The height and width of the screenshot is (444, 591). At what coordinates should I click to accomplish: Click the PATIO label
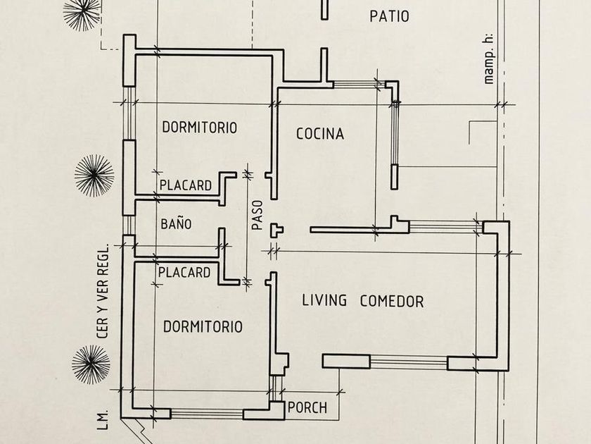pos(389,16)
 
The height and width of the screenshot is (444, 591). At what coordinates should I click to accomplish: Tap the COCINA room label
pos(320,134)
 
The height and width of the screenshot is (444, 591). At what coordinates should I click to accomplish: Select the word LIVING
pos(324,300)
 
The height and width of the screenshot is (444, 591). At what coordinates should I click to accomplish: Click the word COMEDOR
pos(392,302)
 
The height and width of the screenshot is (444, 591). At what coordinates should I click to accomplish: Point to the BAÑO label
pos(176,223)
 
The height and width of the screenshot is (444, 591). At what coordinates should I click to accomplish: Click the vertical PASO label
pos(257,215)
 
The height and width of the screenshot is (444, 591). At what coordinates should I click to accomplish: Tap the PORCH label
pos(307,408)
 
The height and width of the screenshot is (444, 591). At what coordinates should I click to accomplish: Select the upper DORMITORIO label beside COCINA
pos(200,128)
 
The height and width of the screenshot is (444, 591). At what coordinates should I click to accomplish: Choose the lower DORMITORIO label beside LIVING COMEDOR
pos(203,326)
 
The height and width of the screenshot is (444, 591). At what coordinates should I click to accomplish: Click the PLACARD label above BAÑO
pos(186,185)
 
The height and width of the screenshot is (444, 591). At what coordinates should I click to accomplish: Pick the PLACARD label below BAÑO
pos(184,272)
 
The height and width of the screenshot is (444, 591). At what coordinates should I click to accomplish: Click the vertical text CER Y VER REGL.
pos(103,291)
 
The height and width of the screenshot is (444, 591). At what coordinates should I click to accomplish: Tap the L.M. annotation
pos(103,420)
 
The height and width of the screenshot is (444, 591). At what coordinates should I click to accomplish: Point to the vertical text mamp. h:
pos(488,58)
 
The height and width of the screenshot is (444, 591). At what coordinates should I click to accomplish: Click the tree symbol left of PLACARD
pos(94,175)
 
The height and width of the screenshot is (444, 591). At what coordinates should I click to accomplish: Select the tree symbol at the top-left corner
pos(82,13)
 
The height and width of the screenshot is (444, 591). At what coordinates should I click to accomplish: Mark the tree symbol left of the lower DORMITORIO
pos(91,364)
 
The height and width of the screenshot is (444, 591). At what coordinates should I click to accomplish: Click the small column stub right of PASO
pos(277,230)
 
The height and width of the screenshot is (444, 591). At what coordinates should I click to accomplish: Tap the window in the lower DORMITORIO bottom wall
pos(207,414)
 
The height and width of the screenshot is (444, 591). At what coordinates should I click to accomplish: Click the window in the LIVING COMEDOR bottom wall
pos(409,362)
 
